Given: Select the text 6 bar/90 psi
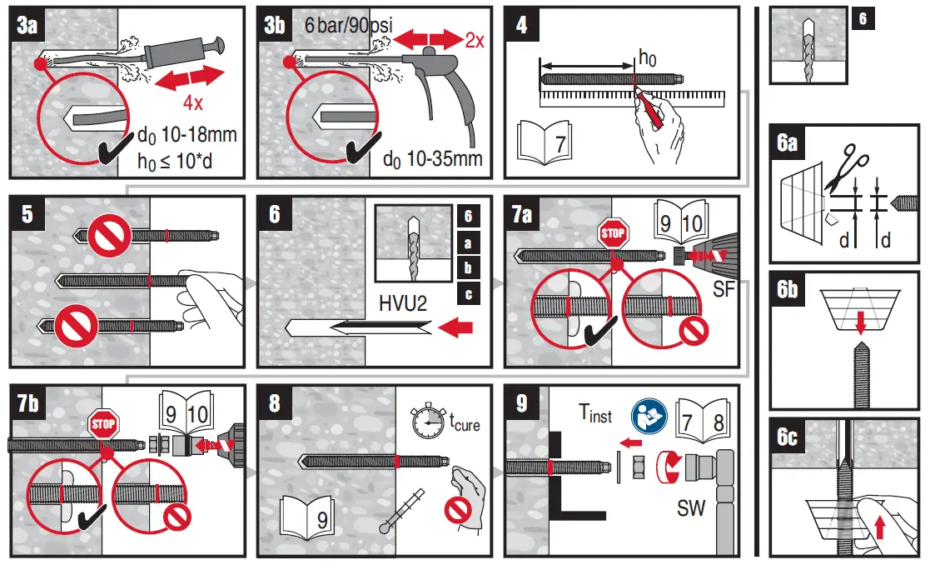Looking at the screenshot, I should coord(348,26).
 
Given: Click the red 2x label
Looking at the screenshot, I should coord(474,40).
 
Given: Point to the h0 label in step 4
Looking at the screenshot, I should coord(647,57).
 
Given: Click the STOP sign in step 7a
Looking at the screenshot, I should coord(613,233).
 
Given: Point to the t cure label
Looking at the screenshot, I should coord(464,422).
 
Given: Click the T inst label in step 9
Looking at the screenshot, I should coord(594,413).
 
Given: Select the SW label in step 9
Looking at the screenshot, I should coord(689,507).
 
